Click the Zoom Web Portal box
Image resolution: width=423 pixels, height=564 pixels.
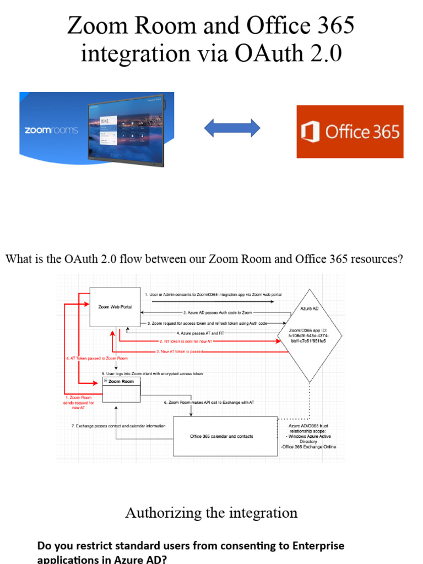click(x=115, y=307)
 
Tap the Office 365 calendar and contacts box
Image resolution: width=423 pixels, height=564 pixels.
click(x=225, y=436)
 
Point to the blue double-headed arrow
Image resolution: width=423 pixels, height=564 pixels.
click(x=232, y=128)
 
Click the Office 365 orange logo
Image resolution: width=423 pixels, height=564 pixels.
click(x=350, y=132)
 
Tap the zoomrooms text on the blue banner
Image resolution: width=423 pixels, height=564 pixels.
click(x=51, y=131)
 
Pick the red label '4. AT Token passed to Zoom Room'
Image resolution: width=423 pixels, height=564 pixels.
click(x=96, y=359)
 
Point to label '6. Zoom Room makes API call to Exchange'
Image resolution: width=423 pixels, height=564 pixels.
click(x=209, y=403)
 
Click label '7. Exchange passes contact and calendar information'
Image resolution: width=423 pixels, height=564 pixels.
click(x=118, y=426)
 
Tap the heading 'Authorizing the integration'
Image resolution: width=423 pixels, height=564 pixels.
click(x=211, y=513)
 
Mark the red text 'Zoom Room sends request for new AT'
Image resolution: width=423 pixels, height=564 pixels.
click(x=79, y=403)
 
